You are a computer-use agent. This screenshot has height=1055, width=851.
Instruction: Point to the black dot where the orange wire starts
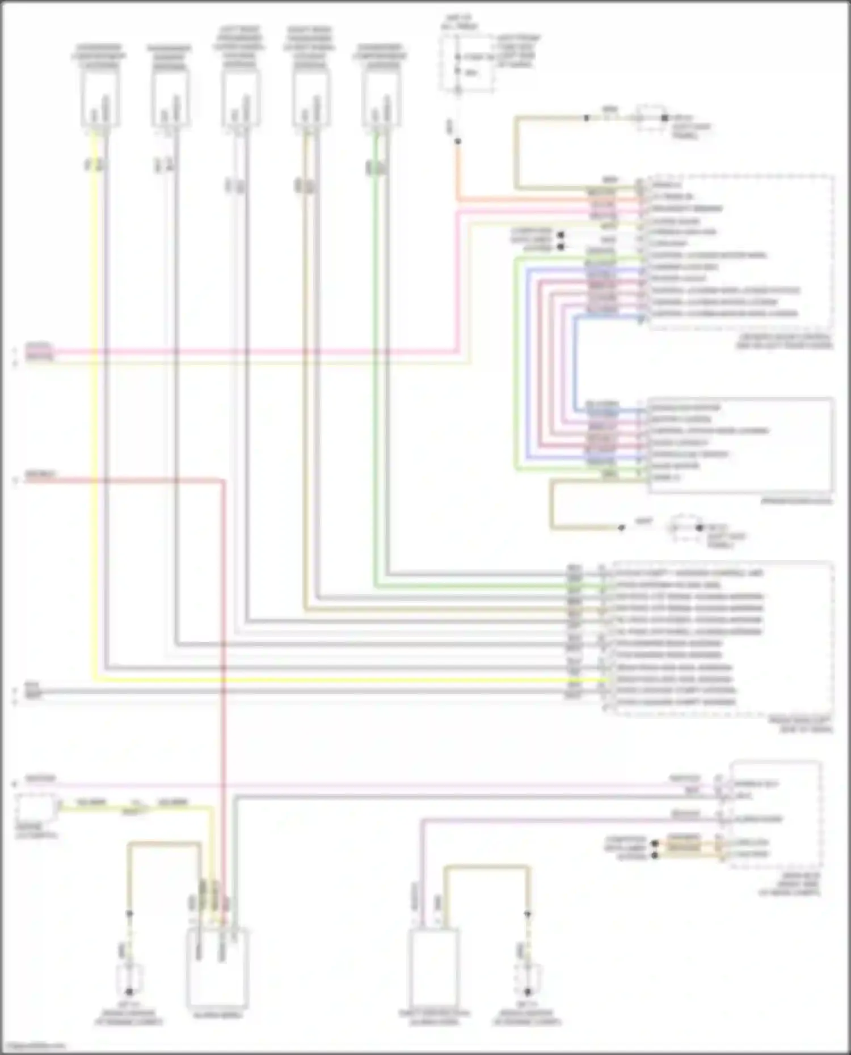click(458, 141)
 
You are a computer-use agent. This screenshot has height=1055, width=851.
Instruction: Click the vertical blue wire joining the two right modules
click(575, 363)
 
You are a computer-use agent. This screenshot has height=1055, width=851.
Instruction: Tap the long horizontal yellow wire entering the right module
click(340, 679)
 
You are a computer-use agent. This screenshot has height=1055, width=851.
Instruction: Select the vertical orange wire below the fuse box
click(458, 170)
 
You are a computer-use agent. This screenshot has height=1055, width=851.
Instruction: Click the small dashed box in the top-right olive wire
click(650, 117)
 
